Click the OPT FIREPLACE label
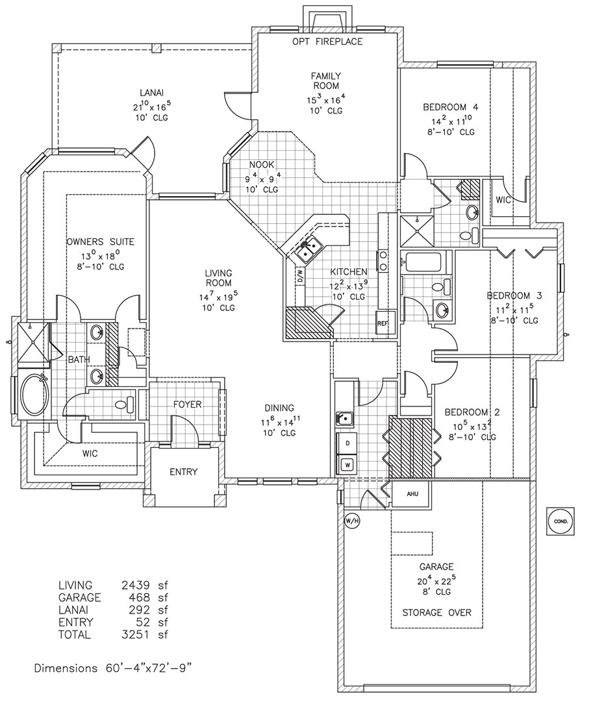[328, 42]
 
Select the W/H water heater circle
[351, 520]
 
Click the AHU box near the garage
[412, 494]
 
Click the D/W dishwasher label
[299, 275]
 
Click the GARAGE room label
[436, 566]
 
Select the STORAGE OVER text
[436, 612]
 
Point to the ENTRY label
[183, 472]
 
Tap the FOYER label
[187, 404]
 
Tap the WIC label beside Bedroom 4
[503, 200]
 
